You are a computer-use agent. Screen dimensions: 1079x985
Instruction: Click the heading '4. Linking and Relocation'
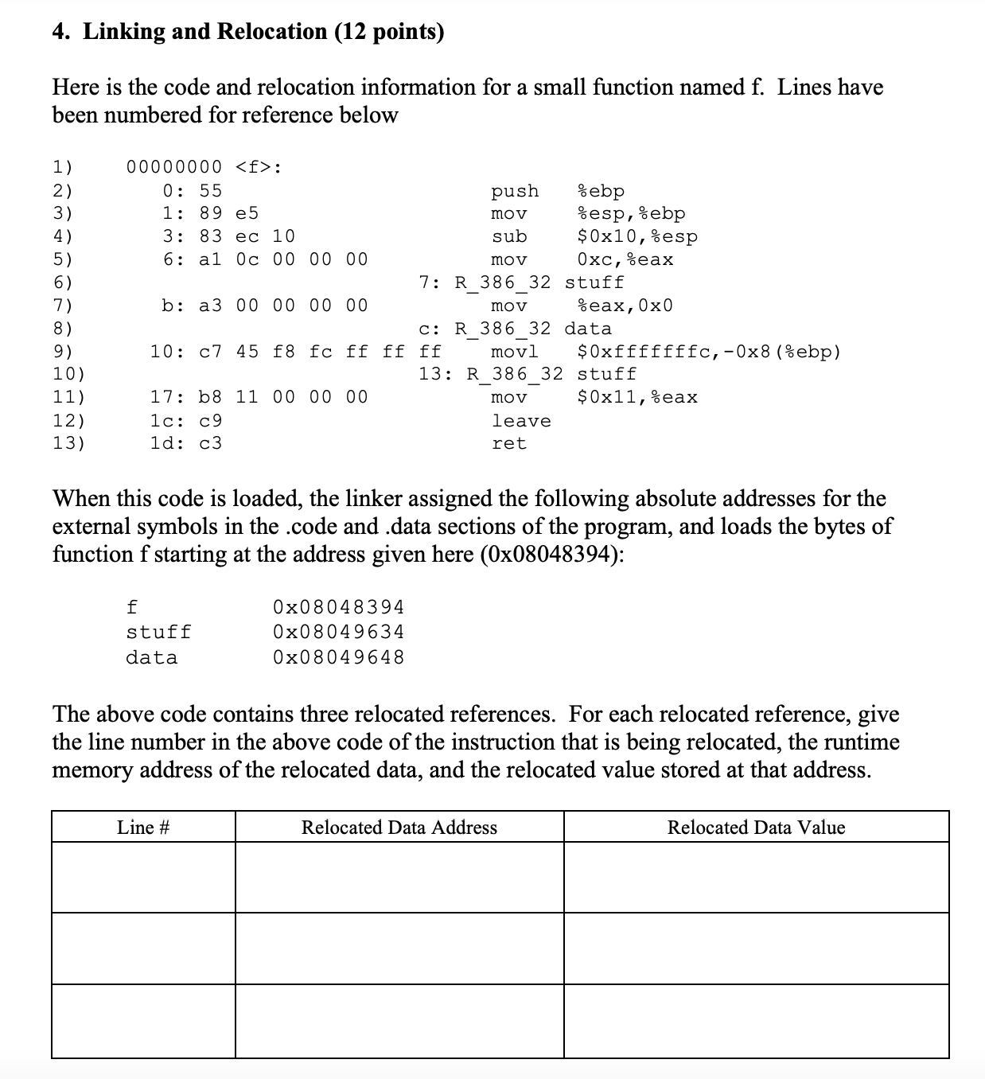pos(248,32)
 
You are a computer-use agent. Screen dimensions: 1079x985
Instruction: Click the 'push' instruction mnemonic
pos(515,191)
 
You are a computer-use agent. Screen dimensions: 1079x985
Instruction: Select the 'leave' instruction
pos(521,421)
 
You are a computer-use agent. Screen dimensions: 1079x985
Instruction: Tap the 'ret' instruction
pos(509,443)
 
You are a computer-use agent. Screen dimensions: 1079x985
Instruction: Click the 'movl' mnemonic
pos(515,352)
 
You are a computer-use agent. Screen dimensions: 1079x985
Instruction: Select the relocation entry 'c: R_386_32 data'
pos(516,329)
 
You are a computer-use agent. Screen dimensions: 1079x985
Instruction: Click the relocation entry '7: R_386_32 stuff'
pos(522,282)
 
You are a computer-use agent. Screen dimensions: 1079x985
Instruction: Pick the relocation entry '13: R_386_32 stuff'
pos(528,374)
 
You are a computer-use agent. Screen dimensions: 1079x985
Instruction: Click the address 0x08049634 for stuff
pos(338,632)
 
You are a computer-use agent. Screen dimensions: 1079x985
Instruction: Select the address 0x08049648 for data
pos(338,657)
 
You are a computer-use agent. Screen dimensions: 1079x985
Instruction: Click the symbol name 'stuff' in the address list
pos(158,632)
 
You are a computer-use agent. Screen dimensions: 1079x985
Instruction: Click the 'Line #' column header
pos(143,828)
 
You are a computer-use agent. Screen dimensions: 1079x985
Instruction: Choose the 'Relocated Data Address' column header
pos(399,828)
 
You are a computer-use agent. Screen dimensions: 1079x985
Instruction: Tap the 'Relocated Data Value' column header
pos(756,828)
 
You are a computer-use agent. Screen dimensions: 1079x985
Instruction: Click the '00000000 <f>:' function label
pos(204,167)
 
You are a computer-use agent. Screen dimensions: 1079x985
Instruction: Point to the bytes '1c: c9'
pos(186,421)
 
